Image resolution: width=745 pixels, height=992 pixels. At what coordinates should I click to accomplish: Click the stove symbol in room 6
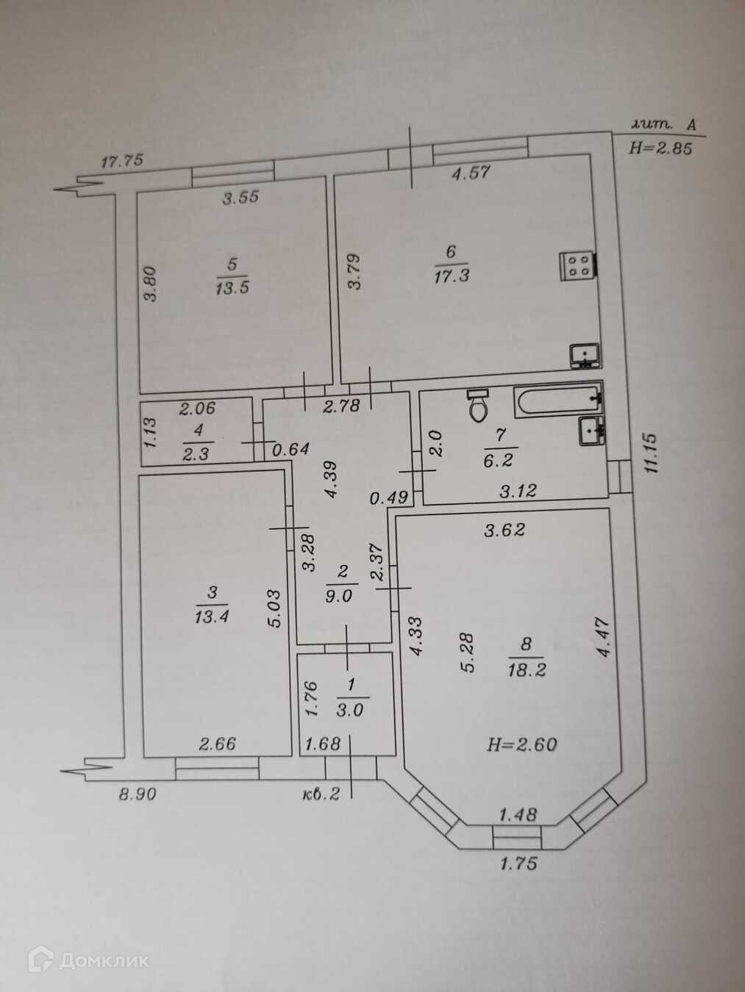click(x=578, y=265)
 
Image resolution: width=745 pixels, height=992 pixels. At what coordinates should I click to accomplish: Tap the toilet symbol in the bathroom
click(x=479, y=405)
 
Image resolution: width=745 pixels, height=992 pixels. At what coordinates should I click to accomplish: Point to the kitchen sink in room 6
click(x=585, y=356)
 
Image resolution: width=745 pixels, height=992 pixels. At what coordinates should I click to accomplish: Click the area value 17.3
click(x=451, y=276)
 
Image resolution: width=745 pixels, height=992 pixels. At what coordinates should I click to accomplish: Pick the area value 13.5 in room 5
click(x=232, y=287)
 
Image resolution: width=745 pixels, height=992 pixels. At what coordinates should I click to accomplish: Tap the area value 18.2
click(x=526, y=669)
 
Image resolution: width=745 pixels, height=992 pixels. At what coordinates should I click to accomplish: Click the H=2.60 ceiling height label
click(x=522, y=744)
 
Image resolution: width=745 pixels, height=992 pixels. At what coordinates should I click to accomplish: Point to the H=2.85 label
click(x=660, y=148)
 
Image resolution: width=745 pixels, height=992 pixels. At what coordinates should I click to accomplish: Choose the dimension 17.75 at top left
click(x=121, y=161)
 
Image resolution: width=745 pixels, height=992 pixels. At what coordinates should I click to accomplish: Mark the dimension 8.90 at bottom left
click(x=137, y=794)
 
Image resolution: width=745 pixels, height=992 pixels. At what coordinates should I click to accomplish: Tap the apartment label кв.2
click(x=321, y=794)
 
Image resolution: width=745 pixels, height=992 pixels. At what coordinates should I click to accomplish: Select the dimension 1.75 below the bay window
click(x=518, y=863)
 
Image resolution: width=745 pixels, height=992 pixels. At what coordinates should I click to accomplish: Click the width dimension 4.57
click(x=471, y=173)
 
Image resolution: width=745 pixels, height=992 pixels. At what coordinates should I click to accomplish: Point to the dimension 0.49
click(x=388, y=497)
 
